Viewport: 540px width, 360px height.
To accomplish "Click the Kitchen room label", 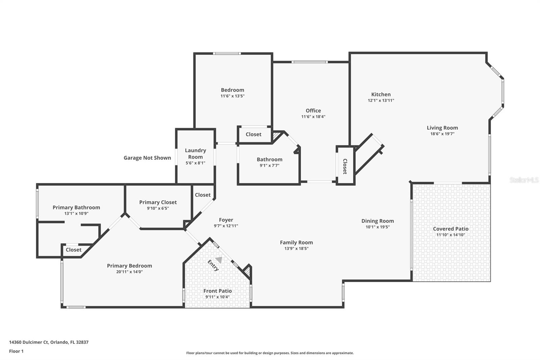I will tap(381, 95).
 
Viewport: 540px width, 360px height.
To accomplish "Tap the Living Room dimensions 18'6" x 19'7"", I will tap(442, 134).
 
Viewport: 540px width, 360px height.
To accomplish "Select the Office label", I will tap(313, 110).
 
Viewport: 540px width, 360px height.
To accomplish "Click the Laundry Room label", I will tap(195, 153).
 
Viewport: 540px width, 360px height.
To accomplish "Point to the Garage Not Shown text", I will tap(147, 158).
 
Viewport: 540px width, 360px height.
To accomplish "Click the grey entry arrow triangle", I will tap(219, 260).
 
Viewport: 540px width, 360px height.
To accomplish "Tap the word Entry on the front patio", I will tap(213, 265).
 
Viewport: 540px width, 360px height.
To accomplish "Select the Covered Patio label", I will tap(451, 229).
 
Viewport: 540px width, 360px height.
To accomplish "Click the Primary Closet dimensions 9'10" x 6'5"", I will tap(158, 208).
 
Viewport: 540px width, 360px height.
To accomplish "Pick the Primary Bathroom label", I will tap(76, 207).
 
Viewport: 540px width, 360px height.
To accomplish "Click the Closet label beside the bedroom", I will tap(253, 134).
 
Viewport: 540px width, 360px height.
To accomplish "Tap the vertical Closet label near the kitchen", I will tap(345, 166).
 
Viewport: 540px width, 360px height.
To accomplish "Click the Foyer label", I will tap(226, 220).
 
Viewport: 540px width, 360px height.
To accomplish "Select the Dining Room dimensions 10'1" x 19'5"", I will tap(378, 227).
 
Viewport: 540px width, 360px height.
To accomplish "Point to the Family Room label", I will tap(296, 242).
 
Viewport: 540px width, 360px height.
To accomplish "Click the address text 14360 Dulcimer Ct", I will tap(29, 342).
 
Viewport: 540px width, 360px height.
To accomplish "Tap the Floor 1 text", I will tap(16, 351).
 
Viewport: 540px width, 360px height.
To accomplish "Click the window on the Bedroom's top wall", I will tap(227, 53).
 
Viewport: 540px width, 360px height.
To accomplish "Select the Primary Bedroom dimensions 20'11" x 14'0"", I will tap(130, 272).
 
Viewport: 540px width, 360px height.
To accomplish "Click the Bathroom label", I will tap(269, 159).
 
